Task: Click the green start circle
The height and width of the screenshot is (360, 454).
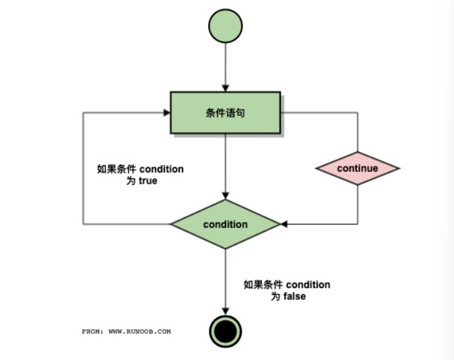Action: click(x=226, y=26)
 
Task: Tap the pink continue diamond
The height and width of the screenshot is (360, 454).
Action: click(x=358, y=168)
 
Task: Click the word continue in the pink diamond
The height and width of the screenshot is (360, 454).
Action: click(x=358, y=168)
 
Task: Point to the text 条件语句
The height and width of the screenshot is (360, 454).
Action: click(x=226, y=113)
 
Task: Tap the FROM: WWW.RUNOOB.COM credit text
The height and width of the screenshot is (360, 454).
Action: click(x=126, y=331)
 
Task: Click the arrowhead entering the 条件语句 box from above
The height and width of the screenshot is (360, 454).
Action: click(x=226, y=88)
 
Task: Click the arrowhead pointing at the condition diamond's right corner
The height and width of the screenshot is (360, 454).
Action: click(x=285, y=225)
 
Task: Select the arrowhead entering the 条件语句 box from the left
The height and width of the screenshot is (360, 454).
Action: click(x=167, y=113)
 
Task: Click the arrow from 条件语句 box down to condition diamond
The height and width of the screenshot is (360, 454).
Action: click(x=226, y=165)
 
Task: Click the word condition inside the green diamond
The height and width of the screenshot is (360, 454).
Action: click(x=226, y=225)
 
